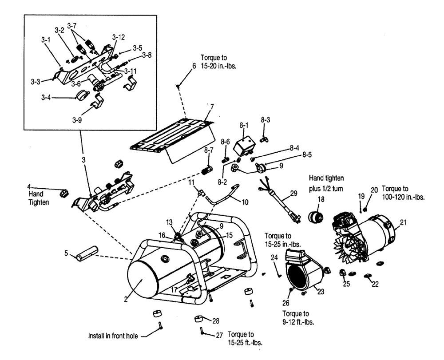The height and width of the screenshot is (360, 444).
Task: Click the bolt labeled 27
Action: tap(202, 331)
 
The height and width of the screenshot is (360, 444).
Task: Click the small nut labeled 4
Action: tap(64, 193)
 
